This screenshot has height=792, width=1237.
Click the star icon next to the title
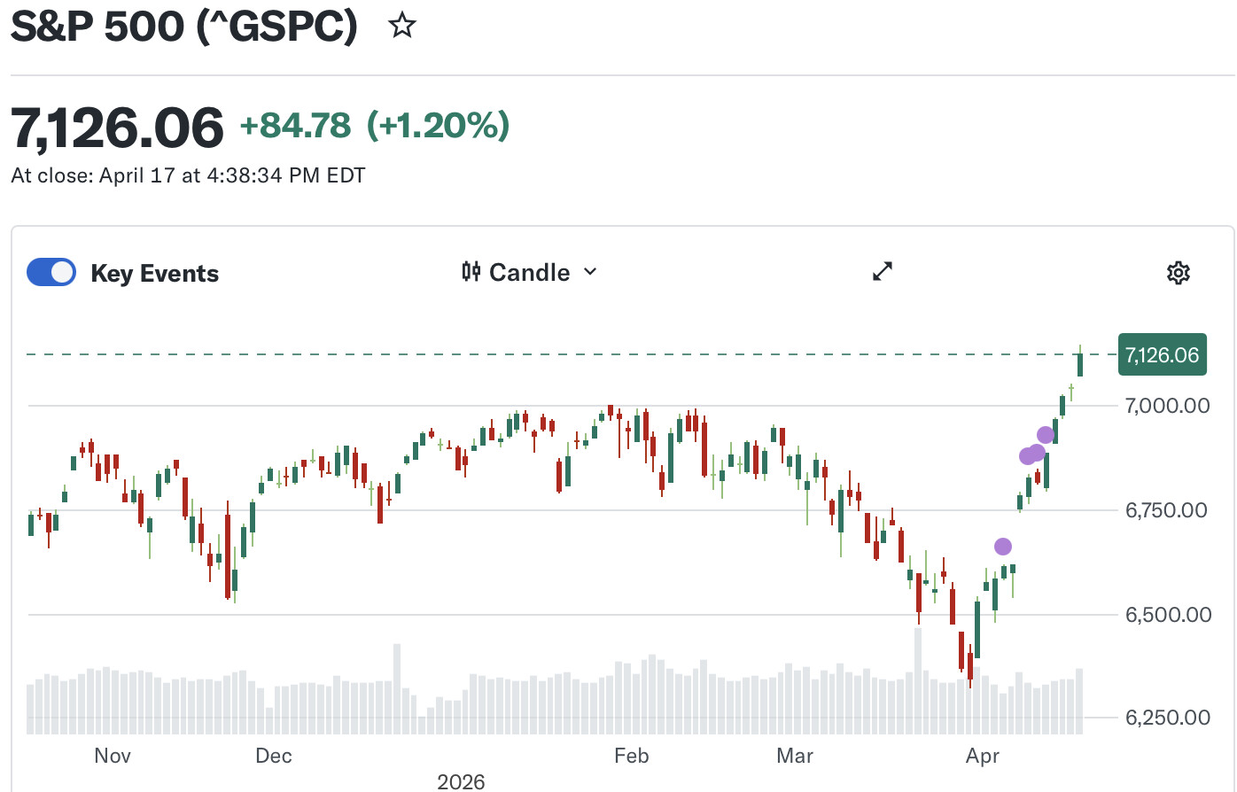pos(402,26)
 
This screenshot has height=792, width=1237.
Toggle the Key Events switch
pos(51,272)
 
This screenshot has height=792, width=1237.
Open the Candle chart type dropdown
pos(530,272)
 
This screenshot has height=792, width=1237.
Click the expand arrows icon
pos(883,272)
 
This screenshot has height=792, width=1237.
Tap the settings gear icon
pos(1178,273)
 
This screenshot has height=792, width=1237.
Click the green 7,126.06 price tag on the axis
pos(1162,355)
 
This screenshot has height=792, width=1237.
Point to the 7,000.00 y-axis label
pos(1167,406)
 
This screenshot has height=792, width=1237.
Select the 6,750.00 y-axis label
pos(1167,510)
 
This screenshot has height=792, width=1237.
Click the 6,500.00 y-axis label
pos(1167,615)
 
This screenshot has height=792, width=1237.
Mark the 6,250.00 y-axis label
pos(1167,718)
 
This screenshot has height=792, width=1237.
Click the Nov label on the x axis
pos(113,756)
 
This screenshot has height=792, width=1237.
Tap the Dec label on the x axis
pos(273,756)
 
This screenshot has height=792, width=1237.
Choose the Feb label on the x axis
pos(631,756)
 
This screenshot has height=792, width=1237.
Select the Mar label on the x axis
pos(795,756)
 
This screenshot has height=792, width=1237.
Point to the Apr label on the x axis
pos(983,756)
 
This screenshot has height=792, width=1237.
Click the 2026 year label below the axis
pos(461,781)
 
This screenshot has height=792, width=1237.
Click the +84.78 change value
pos(295,126)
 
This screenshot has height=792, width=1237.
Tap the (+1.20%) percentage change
pos(439,126)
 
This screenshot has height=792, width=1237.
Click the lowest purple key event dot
pos(1002,547)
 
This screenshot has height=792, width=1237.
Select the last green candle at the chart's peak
pos(1080,363)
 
